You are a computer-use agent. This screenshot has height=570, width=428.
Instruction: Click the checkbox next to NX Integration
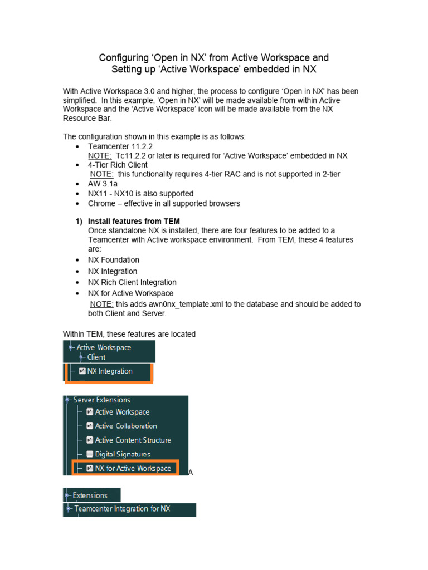click(82, 371)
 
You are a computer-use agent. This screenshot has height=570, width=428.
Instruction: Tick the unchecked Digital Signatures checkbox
click(90, 454)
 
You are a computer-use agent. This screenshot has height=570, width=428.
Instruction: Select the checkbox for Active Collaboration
click(90, 426)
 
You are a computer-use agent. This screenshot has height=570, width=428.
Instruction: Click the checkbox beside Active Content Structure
click(90, 440)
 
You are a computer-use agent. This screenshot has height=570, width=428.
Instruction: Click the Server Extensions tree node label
click(101, 400)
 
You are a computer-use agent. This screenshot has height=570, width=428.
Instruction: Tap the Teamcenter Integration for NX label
click(122, 509)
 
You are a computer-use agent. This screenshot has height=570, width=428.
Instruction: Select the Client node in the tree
click(96, 357)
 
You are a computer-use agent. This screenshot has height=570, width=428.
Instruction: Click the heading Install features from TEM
click(134, 221)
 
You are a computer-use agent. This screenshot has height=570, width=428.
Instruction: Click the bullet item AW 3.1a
click(103, 184)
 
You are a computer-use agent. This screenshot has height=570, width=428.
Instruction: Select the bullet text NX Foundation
click(114, 260)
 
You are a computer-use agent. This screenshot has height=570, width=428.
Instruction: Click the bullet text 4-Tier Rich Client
click(118, 165)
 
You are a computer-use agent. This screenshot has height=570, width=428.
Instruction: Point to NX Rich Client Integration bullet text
click(132, 282)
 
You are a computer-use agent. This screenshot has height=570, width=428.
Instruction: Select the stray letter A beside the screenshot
click(191, 473)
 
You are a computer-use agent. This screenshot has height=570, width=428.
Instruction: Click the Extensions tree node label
click(90, 495)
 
